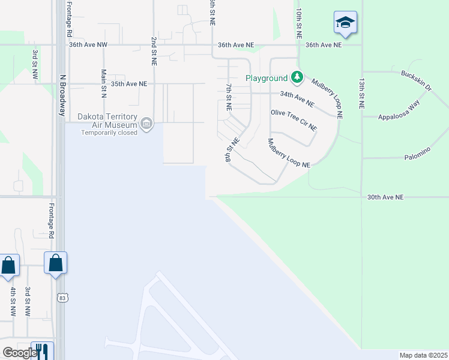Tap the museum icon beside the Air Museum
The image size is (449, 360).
146,124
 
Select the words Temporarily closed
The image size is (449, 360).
109,133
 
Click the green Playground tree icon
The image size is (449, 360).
297,77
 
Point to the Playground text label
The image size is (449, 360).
267,79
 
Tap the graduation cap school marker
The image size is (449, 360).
345,23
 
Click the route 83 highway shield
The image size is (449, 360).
62,297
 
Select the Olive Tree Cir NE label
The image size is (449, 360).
294,120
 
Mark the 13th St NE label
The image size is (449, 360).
361,92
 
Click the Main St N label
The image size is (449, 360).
104,83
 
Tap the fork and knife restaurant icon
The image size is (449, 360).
42,352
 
